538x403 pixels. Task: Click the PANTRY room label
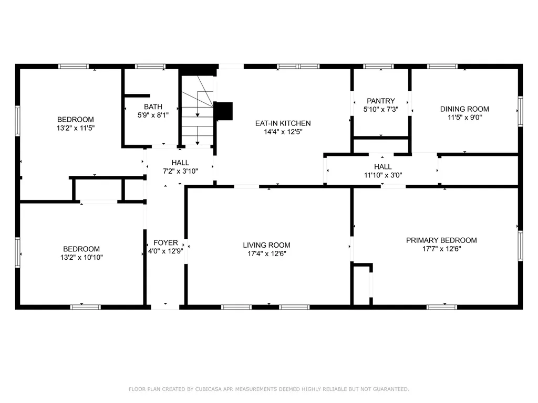(x=380, y=101)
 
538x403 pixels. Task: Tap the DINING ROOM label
(x=464, y=109)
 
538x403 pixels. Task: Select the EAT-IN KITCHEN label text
(x=283, y=123)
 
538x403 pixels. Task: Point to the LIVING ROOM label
(x=266, y=245)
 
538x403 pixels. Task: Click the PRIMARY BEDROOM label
(x=441, y=240)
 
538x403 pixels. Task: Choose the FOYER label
(x=165, y=242)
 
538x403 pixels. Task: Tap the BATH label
(x=153, y=107)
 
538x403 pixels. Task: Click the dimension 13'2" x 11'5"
(x=76, y=128)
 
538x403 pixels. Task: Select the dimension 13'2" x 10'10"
(x=81, y=257)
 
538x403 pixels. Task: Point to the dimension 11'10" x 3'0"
(x=383, y=175)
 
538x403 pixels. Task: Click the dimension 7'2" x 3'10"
(x=180, y=171)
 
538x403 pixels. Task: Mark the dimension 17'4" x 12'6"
(x=266, y=253)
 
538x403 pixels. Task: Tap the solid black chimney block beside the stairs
(x=223, y=111)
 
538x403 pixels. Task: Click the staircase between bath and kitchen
(x=198, y=110)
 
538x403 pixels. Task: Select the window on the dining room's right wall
(x=521, y=111)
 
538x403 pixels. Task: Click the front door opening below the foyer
(x=165, y=307)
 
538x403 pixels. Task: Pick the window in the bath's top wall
(x=150, y=67)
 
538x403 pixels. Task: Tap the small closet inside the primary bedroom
(x=361, y=284)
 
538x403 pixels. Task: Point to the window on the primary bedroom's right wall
(x=521, y=246)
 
